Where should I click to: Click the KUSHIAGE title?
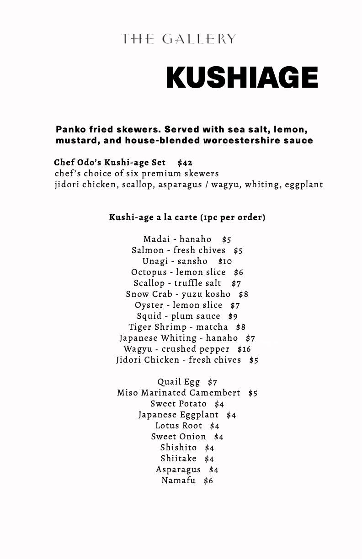point(242,77)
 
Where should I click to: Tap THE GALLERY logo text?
point(179,39)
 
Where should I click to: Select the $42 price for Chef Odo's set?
point(185,163)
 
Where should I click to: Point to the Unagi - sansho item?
point(175,261)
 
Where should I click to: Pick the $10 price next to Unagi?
point(225,262)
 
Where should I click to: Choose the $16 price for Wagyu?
point(244,349)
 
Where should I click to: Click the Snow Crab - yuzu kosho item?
point(178,294)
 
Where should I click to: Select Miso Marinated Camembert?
point(179,393)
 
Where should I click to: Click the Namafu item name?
point(178,480)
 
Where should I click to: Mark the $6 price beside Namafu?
point(208,481)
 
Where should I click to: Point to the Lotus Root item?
point(179,426)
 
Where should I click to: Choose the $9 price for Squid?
point(233,316)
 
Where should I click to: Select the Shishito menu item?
point(178,448)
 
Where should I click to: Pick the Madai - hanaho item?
point(177,239)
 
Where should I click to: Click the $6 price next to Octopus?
point(239,273)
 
